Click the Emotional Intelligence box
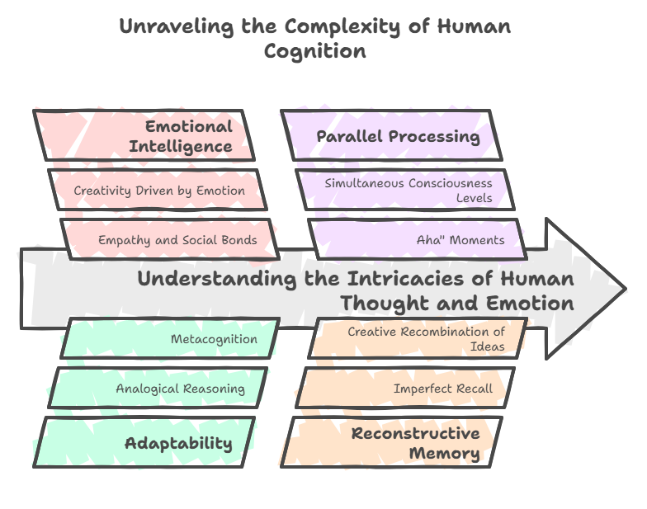click(x=144, y=135)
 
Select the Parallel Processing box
click(x=391, y=135)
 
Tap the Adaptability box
click(x=144, y=442)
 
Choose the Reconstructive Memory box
click(x=391, y=442)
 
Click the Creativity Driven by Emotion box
click(x=158, y=190)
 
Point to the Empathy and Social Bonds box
click(x=170, y=239)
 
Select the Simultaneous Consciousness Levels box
click(x=405, y=190)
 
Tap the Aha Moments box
click(x=418, y=239)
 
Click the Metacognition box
click(x=170, y=338)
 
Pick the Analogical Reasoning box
click(x=158, y=388)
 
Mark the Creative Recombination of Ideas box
click(x=418, y=338)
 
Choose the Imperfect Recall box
click(x=405, y=388)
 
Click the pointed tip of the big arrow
click(x=626, y=289)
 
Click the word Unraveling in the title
click(x=177, y=26)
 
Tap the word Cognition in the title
click(x=315, y=52)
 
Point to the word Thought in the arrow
click(x=385, y=304)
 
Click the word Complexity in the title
click(x=342, y=26)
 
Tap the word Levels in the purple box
click(x=474, y=198)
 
